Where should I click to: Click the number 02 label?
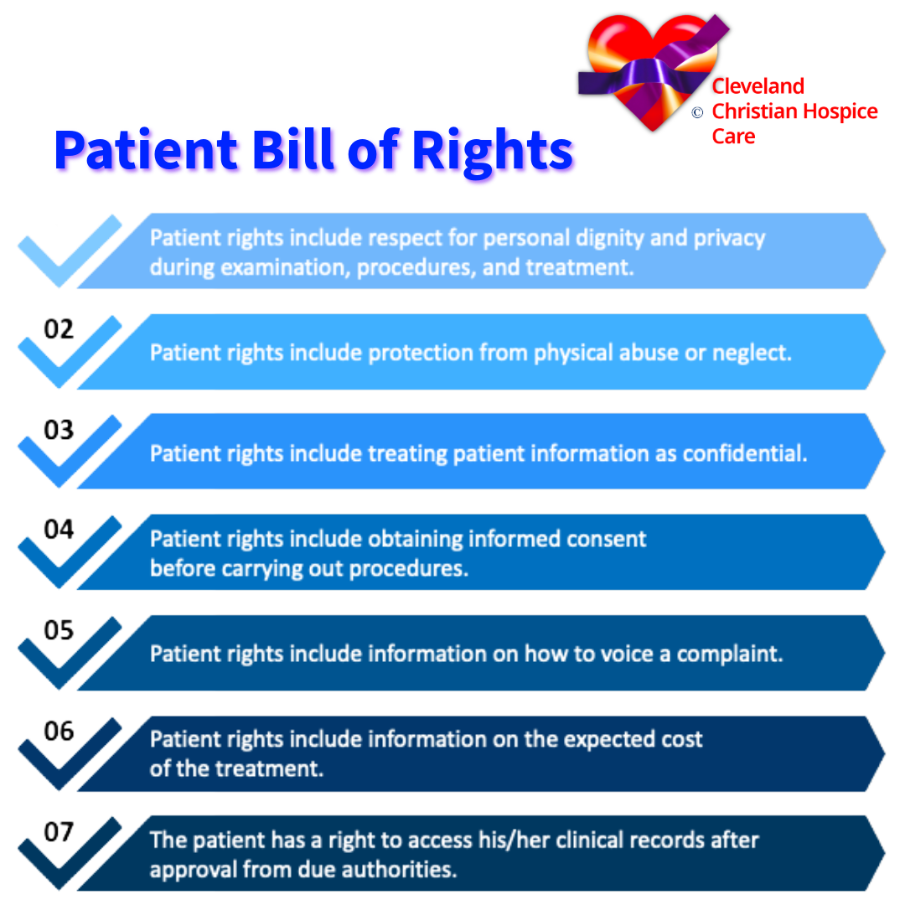[x=59, y=329]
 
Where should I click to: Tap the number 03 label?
[x=59, y=430]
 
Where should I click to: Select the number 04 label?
[x=59, y=530]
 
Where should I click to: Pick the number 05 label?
[x=59, y=630]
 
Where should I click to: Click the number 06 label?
[x=59, y=732]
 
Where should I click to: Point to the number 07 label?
[x=59, y=832]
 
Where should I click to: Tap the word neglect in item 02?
[x=751, y=353]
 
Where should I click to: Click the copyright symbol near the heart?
[x=697, y=113]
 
